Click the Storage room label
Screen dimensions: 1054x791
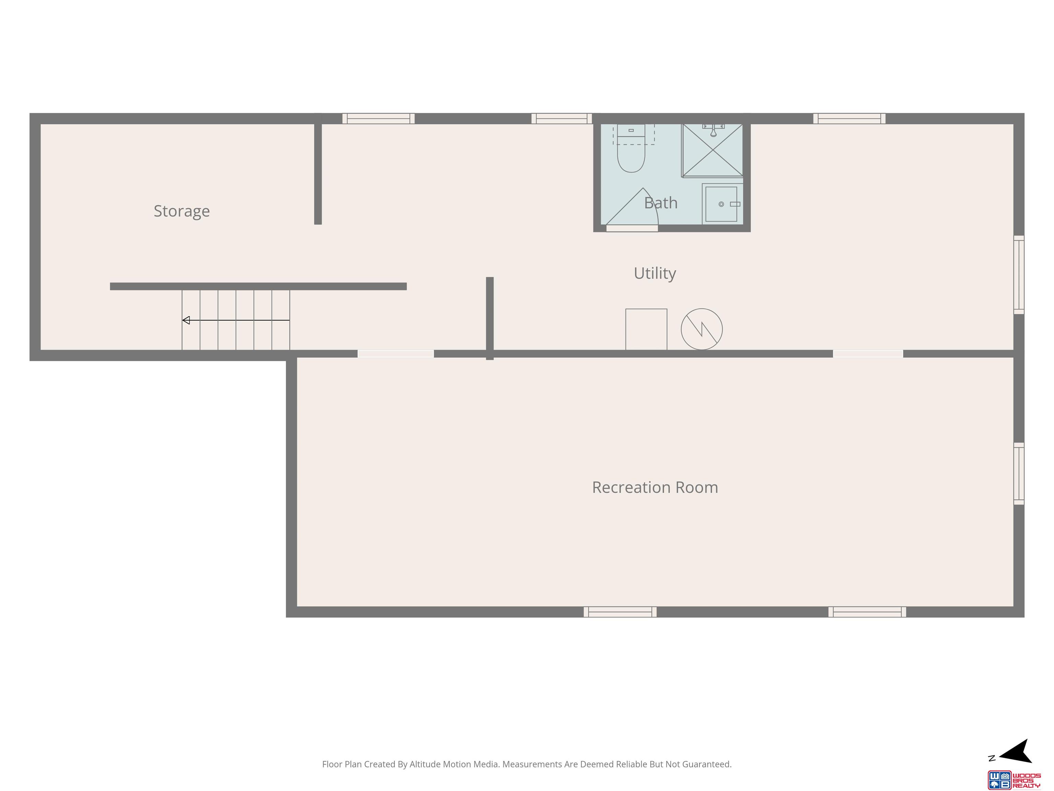[181, 211]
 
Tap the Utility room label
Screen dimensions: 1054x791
[655, 274]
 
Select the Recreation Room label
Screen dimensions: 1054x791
[655, 487]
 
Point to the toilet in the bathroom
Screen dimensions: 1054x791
[631, 148]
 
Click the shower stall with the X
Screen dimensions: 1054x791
[712, 150]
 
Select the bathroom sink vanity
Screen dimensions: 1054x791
[722, 204]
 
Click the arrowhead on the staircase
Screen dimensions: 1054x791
[186, 320]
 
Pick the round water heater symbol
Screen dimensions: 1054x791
[701, 329]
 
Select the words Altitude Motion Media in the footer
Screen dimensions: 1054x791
[455, 764]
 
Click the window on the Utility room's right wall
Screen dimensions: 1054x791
[1019, 275]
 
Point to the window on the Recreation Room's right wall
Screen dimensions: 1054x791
[1019, 473]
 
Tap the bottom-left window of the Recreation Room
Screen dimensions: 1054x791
[620, 612]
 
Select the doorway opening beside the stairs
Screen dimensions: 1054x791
[396, 354]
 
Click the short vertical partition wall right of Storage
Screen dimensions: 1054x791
[318, 174]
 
